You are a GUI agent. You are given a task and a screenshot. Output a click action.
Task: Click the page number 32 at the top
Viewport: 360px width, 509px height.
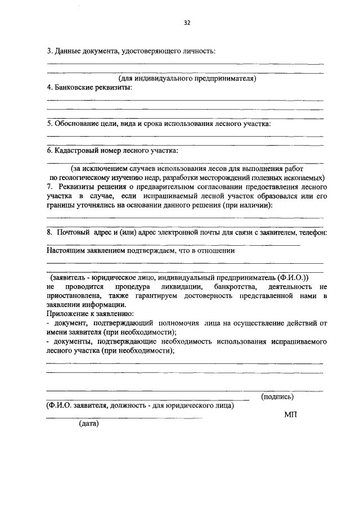point(187,23)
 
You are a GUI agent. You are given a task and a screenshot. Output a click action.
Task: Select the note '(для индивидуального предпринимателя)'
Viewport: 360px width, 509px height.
point(187,79)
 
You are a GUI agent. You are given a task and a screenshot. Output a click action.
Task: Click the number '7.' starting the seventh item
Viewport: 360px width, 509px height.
point(50,186)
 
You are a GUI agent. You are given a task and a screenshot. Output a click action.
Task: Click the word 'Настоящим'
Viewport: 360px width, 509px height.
point(65,251)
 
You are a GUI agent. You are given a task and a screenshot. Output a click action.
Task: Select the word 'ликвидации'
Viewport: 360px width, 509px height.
point(181,286)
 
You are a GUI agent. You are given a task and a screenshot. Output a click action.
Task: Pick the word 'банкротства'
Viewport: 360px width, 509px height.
point(233,286)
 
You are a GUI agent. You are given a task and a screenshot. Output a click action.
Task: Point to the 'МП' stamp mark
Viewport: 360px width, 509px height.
point(290,415)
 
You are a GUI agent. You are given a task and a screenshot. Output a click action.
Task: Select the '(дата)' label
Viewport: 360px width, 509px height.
point(89,424)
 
